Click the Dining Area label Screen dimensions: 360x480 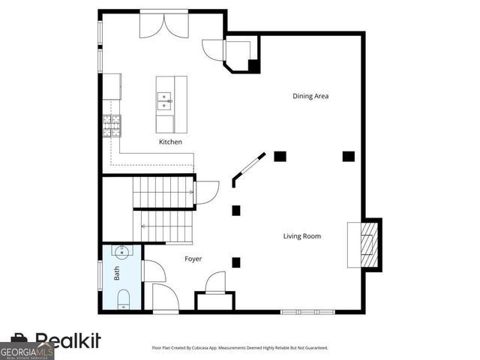click(x=310, y=96)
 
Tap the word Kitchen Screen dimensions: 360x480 click(x=169, y=142)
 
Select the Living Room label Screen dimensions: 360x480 click(x=301, y=236)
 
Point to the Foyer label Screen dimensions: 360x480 click(x=193, y=259)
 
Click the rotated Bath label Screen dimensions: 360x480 click(x=117, y=274)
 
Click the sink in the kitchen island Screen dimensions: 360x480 click(x=163, y=98)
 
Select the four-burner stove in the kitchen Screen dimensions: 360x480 click(x=112, y=125)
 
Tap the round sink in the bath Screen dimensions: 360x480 click(x=120, y=252)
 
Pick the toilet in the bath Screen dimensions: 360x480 click(x=122, y=302)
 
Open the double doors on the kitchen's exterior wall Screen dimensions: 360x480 click(x=166, y=25)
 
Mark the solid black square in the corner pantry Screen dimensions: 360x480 click(x=253, y=65)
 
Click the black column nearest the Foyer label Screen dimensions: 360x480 click(x=236, y=262)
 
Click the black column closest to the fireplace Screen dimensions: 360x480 click(x=348, y=156)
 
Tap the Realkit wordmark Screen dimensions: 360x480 click(x=67, y=341)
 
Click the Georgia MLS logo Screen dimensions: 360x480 click(x=26, y=350)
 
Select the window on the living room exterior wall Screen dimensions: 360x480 click(x=307, y=311)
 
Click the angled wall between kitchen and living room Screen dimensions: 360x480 click(x=247, y=169)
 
